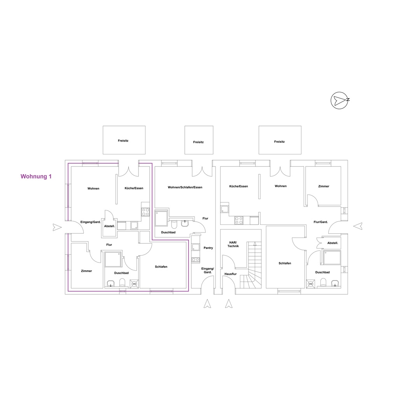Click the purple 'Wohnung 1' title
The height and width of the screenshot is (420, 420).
[36, 177]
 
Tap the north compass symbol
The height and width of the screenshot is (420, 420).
[340, 100]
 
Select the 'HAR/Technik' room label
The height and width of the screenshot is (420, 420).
[233, 244]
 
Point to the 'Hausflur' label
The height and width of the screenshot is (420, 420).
[230, 274]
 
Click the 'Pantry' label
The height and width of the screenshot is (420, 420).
[208, 248]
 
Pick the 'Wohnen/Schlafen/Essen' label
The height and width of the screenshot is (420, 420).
[185, 187]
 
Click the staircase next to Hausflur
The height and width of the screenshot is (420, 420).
[251, 265]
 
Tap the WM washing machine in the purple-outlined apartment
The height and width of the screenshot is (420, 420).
[134, 284]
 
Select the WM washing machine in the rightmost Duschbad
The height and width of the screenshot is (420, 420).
[310, 284]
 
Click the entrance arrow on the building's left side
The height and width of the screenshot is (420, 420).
[57, 227]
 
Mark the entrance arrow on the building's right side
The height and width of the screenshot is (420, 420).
[358, 226]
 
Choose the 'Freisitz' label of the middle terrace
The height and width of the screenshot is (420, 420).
[198, 142]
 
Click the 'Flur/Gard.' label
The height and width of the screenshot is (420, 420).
[320, 222]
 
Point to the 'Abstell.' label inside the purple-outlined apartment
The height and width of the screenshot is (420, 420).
[110, 226]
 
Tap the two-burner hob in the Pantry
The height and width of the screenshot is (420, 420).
[196, 259]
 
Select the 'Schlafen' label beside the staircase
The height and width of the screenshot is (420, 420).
[285, 263]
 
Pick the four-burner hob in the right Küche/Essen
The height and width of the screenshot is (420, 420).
[239, 220]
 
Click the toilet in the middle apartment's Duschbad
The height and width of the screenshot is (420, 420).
[174, 224]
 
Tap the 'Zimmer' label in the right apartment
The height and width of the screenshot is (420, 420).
[324, 186]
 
